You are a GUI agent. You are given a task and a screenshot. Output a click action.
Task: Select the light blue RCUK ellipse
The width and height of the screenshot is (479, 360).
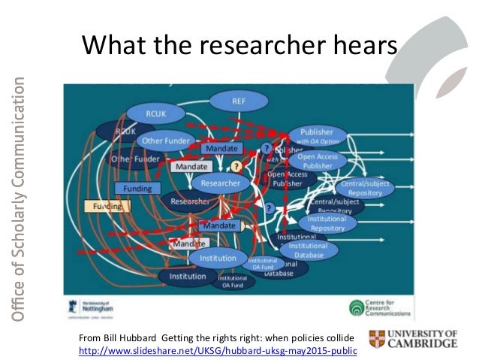pyautogui.click(x=155, y=113)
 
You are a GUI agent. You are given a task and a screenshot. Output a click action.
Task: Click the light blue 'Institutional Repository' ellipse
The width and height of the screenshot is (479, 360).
pyautogui.click(x=327, y=222)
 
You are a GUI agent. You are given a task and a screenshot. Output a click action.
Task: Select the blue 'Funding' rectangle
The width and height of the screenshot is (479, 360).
pyautogui.click(x=137, y=188)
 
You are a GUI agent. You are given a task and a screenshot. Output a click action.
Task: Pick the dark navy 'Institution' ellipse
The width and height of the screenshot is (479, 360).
pyautogui.click(x=187, y=276)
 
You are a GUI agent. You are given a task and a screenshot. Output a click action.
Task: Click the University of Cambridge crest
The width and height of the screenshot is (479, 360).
pyautogui.click(x=377, y=340)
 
